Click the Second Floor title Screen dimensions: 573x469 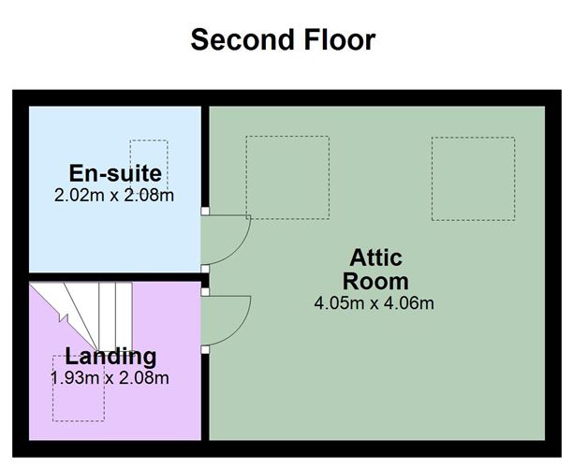283,39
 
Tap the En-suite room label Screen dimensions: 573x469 115,173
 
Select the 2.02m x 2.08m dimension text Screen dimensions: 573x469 114,195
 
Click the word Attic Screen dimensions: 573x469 375,257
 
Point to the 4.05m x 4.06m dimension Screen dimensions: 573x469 375,303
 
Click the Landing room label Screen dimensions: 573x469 110,357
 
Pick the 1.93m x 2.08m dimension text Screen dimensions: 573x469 110,377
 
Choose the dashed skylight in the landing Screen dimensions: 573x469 79,388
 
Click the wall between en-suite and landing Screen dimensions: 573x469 115,277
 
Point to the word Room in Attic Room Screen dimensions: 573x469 375,281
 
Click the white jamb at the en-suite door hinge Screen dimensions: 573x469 205,211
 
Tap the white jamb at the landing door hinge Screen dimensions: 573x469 205,292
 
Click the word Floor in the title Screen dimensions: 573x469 340,39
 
